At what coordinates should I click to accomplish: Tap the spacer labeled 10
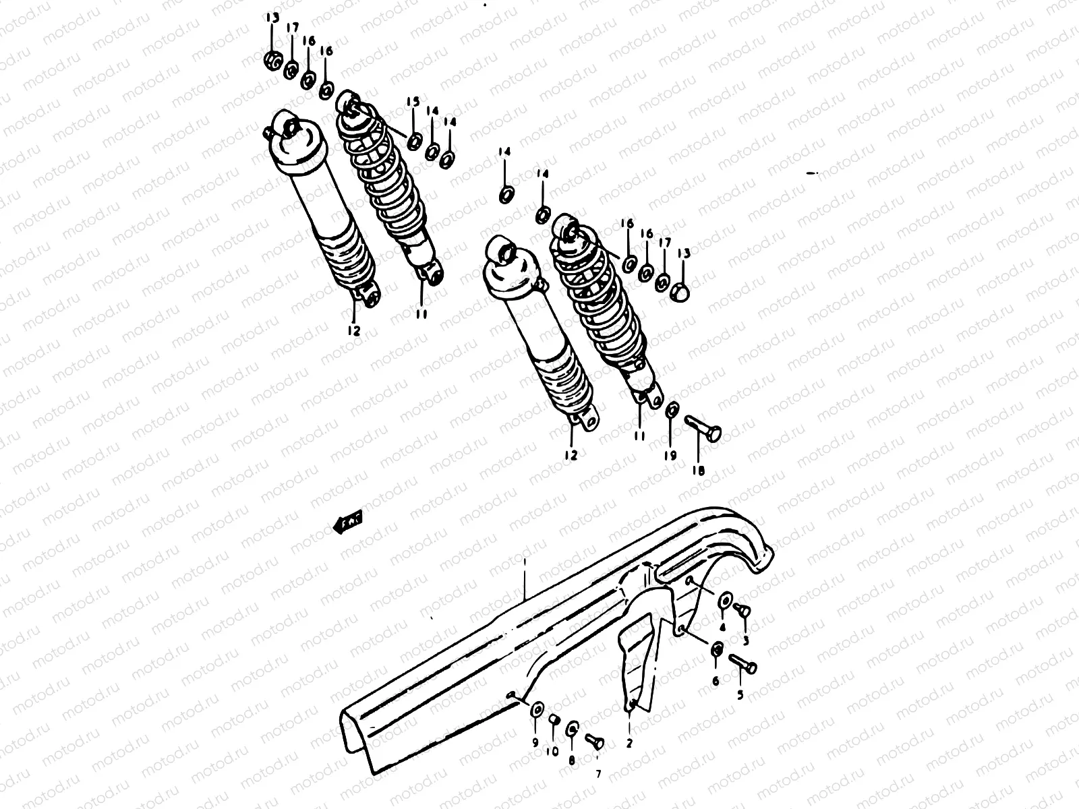point(554,720)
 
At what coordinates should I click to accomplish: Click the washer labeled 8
point(572,729)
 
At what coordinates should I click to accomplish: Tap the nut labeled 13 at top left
point(272,61)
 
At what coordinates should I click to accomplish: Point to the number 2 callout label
point(629,744)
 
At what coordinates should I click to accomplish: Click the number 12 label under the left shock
point(354,331)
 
